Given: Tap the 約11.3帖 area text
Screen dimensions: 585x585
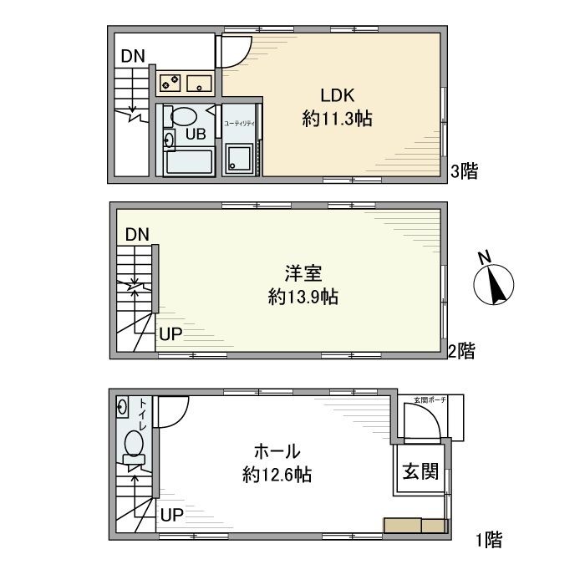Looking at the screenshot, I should point(337,120).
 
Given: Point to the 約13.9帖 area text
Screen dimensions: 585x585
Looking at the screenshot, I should point(303,297).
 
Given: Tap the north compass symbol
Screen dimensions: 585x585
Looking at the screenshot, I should point(493,283).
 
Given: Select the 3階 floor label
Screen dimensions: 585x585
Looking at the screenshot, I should point(465,172).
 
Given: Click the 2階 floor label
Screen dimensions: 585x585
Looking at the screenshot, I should point(460,351).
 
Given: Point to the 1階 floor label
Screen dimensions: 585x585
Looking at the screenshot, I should point(489,539).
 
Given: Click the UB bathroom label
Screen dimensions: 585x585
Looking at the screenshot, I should point(196,133).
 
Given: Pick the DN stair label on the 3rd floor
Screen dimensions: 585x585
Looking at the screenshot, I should point(132,57).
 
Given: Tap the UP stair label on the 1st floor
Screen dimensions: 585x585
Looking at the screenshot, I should point(171,513).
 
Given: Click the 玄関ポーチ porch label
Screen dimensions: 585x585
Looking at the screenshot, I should point(430,401).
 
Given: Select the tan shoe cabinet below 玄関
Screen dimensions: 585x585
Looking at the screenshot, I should point(415,525).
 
